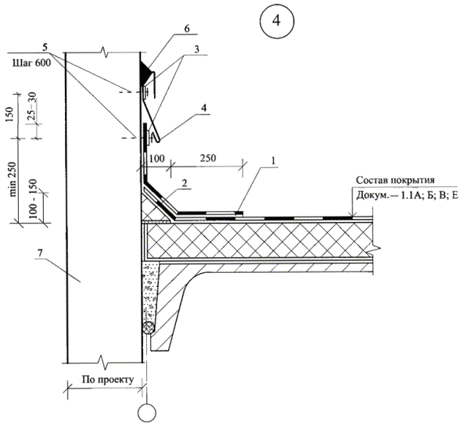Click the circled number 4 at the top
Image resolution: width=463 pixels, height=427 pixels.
(x=276, y=20)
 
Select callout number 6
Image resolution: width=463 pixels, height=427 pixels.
(x=187, y=29)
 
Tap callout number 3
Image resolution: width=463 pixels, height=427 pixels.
(x=196, y=49)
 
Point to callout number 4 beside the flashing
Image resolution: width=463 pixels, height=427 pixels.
(x=204, y=108)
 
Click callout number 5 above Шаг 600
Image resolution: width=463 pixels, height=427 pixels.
(x=45, y=47)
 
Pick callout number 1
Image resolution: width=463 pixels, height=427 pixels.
(x=273, y=161)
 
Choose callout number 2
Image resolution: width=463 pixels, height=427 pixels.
(x=185, y=183)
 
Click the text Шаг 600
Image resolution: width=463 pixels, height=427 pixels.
(x=31, y=63)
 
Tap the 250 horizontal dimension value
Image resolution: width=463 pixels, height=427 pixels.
(x=208, y=158)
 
